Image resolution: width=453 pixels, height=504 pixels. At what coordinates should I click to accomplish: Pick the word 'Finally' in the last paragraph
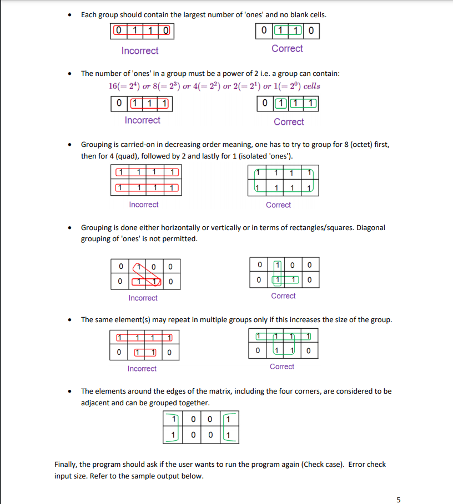tap(66, 464)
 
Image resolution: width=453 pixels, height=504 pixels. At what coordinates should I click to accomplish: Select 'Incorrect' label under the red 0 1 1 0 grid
tap(140, 51)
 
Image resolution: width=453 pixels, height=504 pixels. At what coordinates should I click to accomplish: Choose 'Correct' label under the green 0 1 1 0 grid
tap(287, 49)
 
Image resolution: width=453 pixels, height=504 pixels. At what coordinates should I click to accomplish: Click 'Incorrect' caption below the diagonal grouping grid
tap(143, 298)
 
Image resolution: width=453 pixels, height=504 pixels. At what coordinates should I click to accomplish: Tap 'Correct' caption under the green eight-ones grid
tap(278, 205)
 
